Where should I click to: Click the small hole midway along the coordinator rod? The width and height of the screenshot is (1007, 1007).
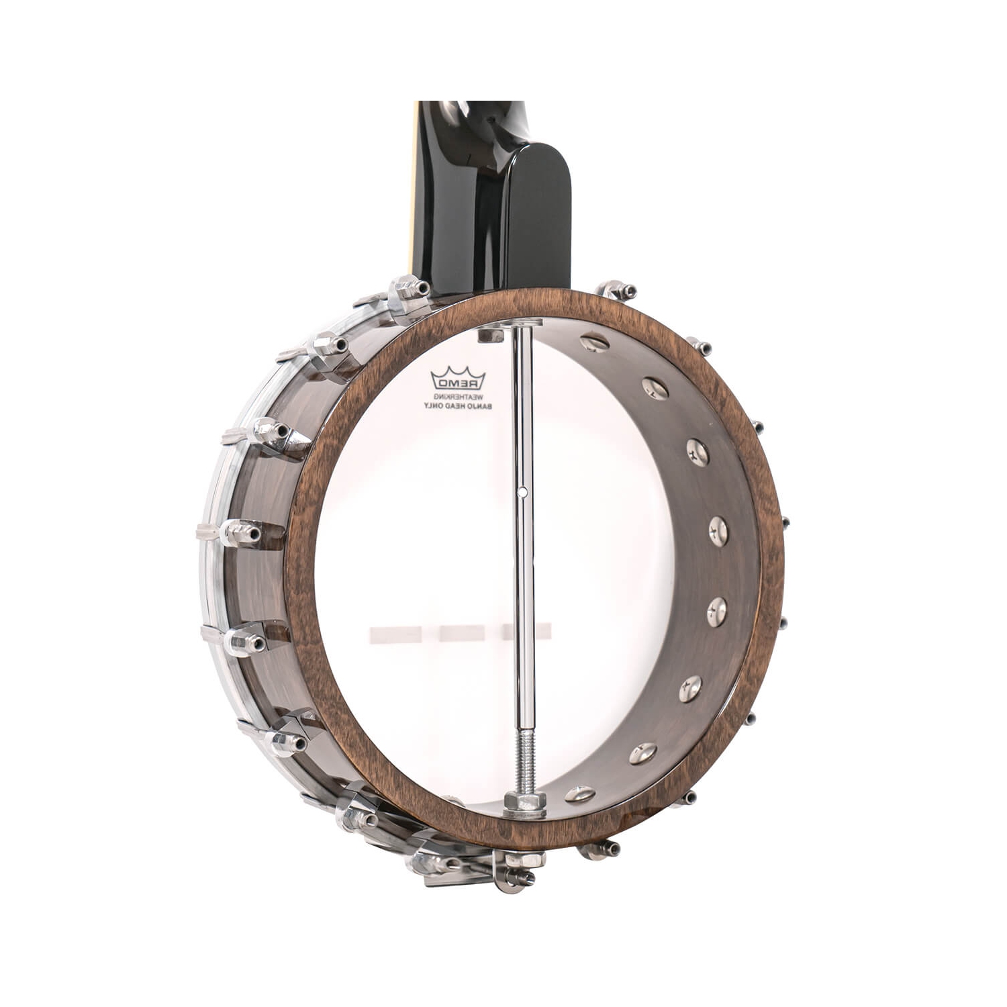[x=522, y=492]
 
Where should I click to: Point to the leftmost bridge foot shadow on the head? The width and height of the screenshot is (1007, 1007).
[x=395, y=632]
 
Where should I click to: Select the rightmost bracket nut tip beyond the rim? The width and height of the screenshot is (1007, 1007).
[x=784, y=522]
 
